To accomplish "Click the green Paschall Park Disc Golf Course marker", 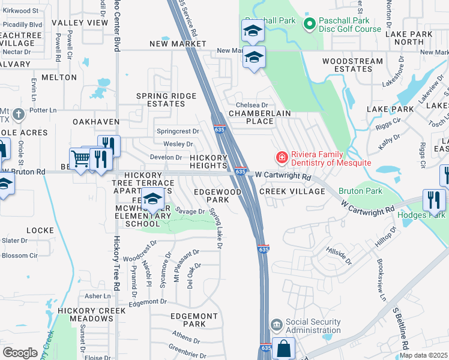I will pyautogui.click(x=310, y=24).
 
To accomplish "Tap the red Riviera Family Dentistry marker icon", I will pyautogui.click(x=280, y=158).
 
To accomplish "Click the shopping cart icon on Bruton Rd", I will pyautogui.click(x=80, y=159).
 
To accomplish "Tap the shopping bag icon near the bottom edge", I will pyautogui.click(x=284, y=349).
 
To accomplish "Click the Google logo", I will pyautogui.click(x=20, y=353).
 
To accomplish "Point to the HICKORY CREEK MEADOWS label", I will pyautogui.click(x=92, y=314).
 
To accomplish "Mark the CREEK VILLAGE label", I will pyautogui.click(x=292, y=191).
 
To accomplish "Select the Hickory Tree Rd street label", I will pyautogui.click(x=116, y=265).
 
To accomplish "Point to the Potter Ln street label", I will pyautogui.click(x=43, y=110).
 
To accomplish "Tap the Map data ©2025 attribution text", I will pyautogui.click(x=424, y=355).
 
